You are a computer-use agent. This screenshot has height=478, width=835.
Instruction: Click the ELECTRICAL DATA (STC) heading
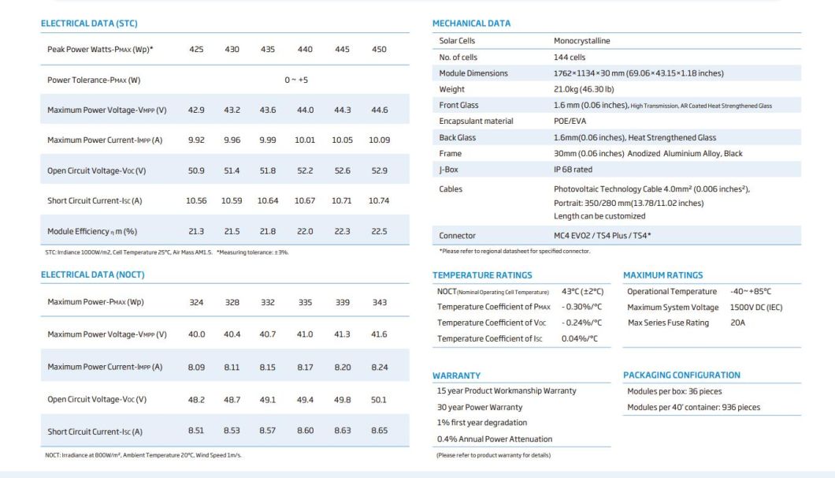point(83,24)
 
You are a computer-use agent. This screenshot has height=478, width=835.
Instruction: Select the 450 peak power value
point(379,50)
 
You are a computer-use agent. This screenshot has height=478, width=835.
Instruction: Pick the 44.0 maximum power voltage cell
point(304,110)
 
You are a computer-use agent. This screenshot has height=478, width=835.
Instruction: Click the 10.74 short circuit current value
point(379,200)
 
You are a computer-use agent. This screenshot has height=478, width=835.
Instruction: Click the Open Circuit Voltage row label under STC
point(97,170)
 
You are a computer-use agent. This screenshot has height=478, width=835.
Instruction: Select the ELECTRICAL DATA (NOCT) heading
point(86,274)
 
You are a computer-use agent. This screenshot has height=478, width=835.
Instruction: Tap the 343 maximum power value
point(379,302)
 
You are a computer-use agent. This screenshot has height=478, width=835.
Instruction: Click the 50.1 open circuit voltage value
point(379,399)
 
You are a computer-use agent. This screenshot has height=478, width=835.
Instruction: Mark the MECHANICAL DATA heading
point(471,24)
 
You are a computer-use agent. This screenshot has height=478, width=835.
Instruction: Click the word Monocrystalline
point(581,41)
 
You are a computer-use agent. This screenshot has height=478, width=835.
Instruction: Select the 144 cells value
point(570,57)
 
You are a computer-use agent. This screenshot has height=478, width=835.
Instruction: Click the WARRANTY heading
point(457,375)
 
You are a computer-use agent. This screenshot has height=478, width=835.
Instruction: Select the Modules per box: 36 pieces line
point(674,391)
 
